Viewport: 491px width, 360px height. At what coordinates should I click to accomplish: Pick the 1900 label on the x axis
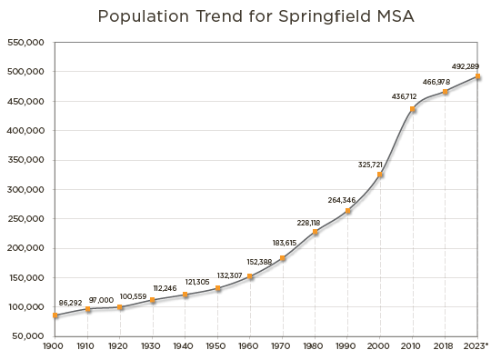point(55,346)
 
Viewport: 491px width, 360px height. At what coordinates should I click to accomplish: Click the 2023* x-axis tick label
point(477,346)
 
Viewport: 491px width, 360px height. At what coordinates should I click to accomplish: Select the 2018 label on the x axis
point(445,346)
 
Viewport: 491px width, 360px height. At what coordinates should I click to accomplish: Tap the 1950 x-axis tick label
point(218,346)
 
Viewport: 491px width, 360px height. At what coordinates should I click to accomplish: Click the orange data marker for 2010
point(413,111)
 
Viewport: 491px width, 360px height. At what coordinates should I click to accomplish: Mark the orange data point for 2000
point(381,175)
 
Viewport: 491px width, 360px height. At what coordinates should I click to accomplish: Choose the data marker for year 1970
point(283,259)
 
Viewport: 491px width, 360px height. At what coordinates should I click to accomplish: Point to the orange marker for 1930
point(153,301)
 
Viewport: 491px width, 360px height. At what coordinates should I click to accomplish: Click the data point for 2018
point(446,93)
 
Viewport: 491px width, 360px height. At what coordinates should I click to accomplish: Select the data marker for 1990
point(347,212)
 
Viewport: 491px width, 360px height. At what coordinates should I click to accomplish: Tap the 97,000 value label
point(101,299)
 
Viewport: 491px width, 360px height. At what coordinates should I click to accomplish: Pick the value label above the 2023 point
point(466,66)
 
